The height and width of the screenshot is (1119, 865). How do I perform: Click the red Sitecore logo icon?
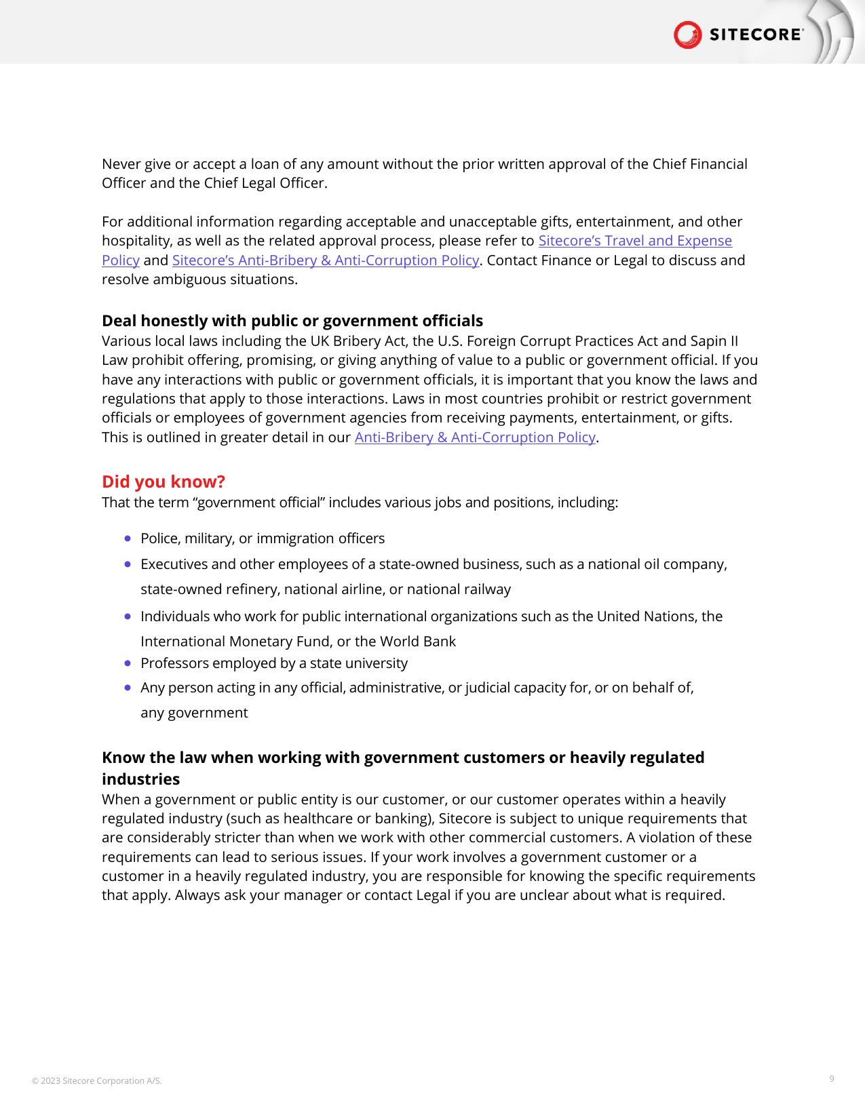687,35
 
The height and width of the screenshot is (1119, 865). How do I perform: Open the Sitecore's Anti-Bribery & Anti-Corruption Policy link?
326,260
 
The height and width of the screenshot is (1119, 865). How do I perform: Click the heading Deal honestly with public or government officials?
292,321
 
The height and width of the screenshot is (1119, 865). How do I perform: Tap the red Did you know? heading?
164,482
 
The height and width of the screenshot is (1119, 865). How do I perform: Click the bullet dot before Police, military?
128,538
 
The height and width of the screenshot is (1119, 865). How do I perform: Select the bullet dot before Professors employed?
128,663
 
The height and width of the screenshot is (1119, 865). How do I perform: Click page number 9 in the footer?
832,1079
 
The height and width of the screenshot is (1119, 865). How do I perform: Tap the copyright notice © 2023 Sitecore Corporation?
97,1081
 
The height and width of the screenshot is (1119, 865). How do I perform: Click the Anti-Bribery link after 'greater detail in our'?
475,437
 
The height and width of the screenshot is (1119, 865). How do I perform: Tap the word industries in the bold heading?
140,779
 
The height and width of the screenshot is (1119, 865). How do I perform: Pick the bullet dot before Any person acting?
128,687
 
